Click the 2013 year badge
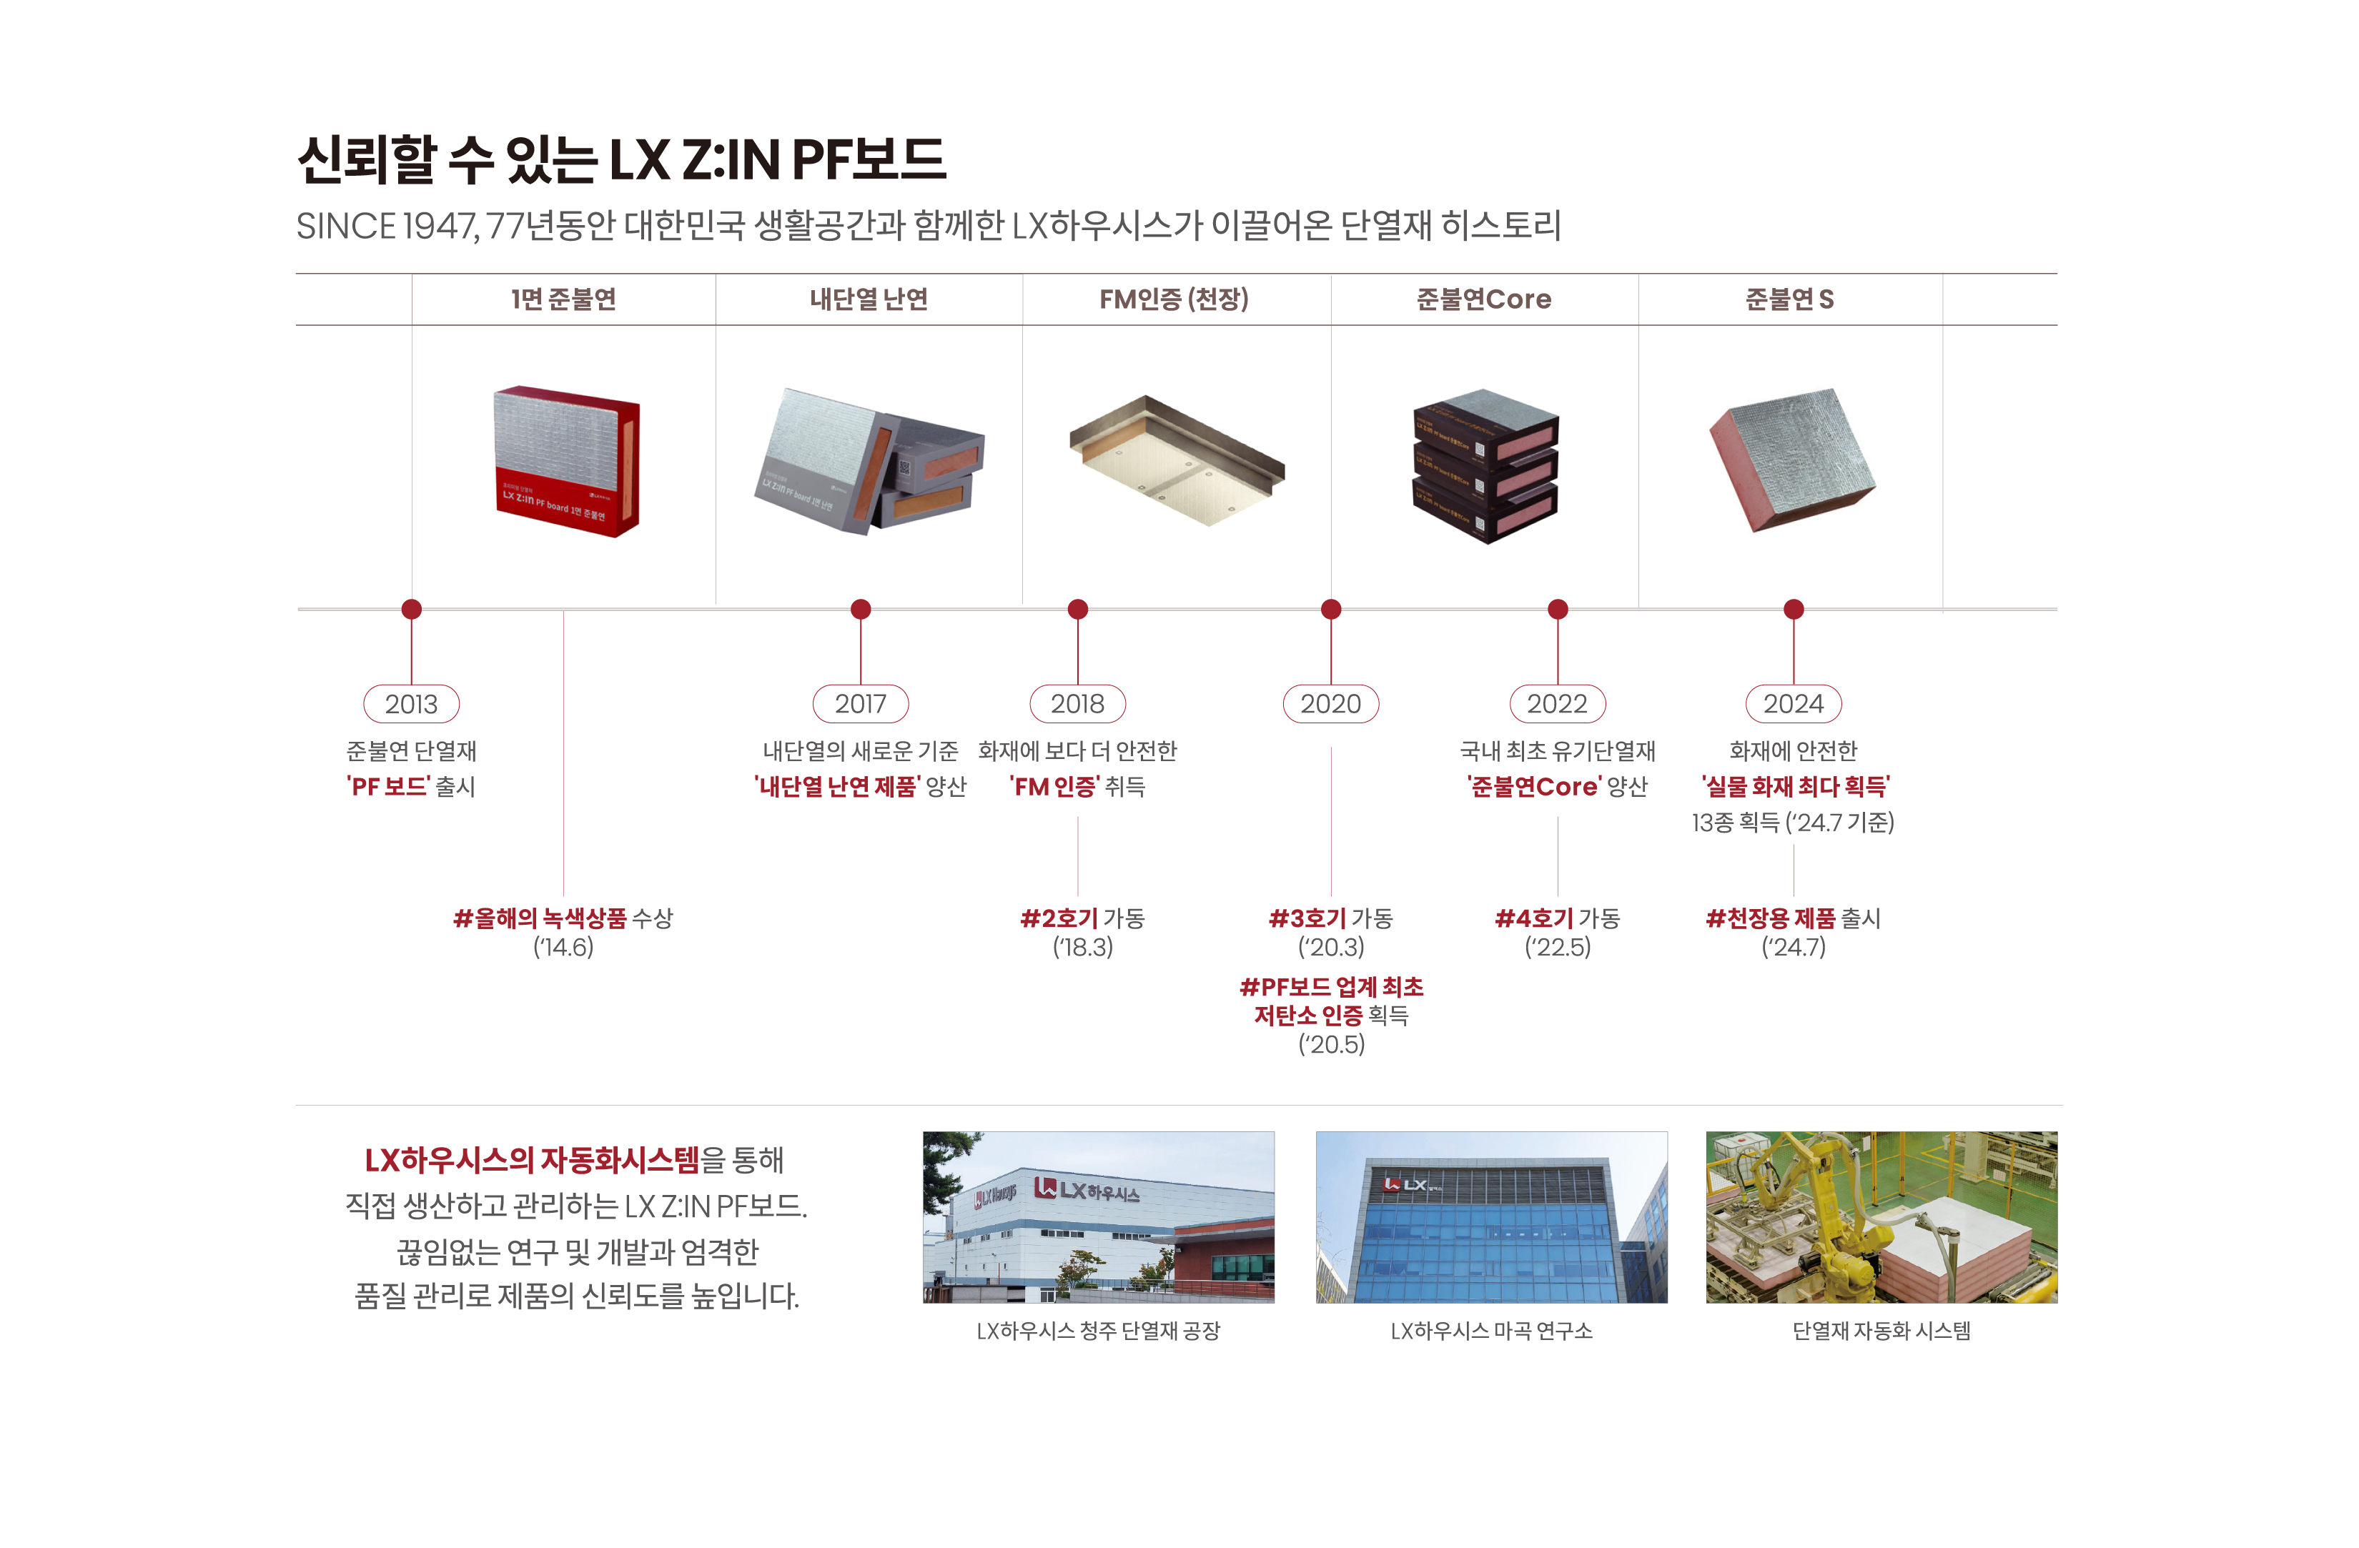coord(411,704)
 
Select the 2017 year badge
coord(861,704)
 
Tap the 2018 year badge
coord(1077,704)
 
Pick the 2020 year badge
coord(1331,704)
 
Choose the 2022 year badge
coord(1557,704)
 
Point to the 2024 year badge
coord(1793,704)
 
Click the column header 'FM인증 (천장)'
coord(1174,299)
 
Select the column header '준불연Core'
coord(1484,299)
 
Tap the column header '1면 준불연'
coord(563,299)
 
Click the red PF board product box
coord(567,462)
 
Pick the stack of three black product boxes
coord(1485,466)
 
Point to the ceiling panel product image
coord(1177,461)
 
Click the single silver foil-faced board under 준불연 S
coord(1792,459)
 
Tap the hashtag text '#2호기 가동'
coord(1082,918)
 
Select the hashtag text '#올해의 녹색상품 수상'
coord(563,918)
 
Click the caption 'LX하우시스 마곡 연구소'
coord(1492,1331)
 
